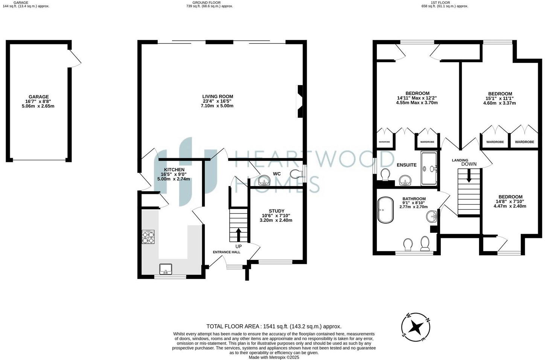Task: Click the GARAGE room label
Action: (x=38, y=97)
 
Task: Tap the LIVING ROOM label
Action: (x=218, y=96)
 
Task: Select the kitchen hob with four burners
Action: (x=148, y=238)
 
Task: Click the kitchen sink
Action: (x=166, y=269)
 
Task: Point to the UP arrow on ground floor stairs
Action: (x=239, y=234)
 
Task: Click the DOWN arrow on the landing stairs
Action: (x=469, y=176)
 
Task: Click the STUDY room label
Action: (x=276, y=211)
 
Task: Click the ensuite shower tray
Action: (x=429, y=168)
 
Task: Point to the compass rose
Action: (x=416, y=327)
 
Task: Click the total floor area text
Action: (x=274, y=326)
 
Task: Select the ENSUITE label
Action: (x=406, y=165)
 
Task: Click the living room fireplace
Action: (x=300, y=102)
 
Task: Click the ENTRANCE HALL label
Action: (x=227, y=252)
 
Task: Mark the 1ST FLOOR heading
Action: (x=445, y=2)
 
